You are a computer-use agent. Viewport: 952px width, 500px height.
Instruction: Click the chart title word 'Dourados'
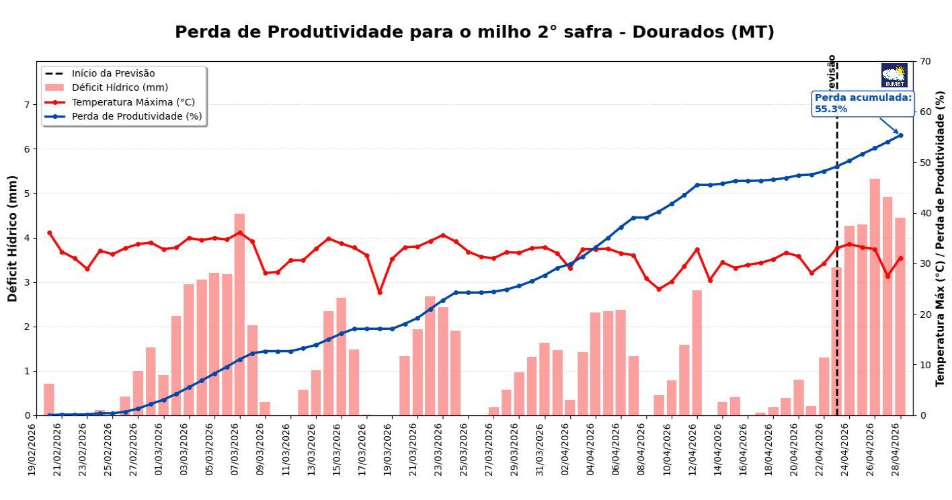(678, 32)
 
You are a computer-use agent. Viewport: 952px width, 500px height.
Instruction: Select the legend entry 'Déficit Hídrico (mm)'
(120, 87)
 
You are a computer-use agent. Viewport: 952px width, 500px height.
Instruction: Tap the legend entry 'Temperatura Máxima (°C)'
(133, 102)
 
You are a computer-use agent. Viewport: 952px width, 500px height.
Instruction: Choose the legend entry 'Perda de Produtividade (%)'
(136, 116)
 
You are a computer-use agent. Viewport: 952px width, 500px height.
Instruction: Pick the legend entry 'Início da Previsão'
(113, 73)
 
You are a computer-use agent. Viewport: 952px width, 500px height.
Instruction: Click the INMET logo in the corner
(894, 75)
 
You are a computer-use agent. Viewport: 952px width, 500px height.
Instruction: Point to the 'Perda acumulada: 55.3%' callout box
(863, 103)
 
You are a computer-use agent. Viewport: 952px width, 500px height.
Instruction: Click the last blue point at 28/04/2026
(900, 135)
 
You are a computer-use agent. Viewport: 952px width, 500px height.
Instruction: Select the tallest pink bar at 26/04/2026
(875, 296)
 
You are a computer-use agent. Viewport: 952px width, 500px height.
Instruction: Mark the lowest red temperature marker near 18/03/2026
(380, 292)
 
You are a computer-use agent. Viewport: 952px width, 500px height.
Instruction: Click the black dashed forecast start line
(837, 269)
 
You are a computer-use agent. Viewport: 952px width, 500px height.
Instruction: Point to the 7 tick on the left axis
(28, 105)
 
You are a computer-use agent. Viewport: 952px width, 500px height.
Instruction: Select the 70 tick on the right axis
(925, 61)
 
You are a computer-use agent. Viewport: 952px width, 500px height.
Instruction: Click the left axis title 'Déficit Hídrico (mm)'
(12, 238)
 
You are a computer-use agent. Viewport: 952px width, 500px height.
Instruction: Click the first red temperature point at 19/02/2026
(49, 233)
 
